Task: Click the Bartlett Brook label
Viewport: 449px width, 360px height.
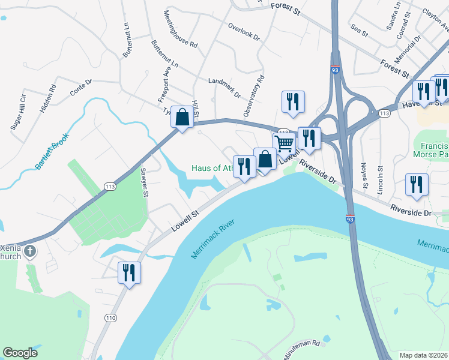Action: pos(52,147)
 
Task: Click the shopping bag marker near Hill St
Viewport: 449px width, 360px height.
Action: pos(182,116)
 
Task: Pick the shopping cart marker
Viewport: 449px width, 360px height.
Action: pos(284,143)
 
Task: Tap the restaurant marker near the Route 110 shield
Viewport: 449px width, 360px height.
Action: pos(129,272)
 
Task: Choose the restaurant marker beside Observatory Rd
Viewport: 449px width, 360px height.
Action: pos(293,101)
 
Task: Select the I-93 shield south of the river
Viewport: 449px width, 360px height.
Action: pos(350,218)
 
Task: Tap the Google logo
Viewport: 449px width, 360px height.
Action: pos(20,353)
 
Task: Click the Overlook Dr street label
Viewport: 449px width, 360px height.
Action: pos(244,31)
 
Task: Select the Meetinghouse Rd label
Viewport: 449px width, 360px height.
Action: pos(180,29)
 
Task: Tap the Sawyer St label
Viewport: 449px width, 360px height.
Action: pos(144,182)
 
